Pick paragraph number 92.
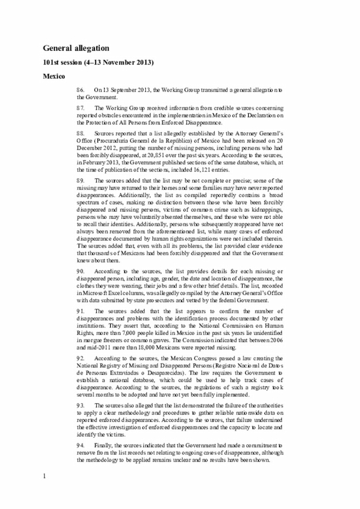click(82, 358)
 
